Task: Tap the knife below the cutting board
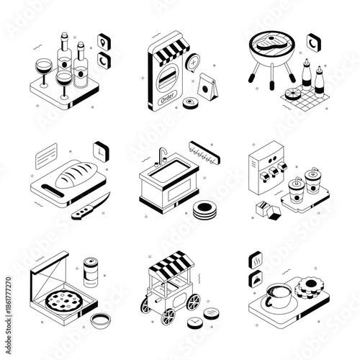point(91,207)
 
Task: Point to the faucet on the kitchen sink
point(163,153)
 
